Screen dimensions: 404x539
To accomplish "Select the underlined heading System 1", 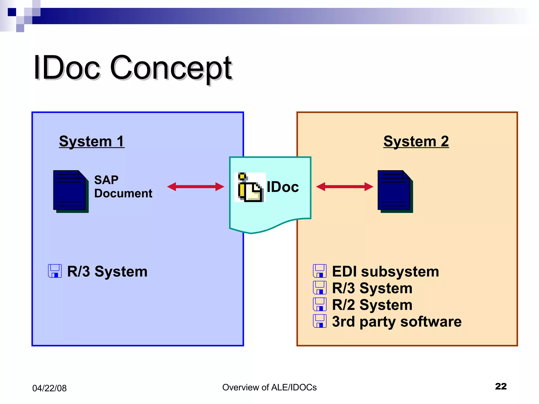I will [x=92, y=141].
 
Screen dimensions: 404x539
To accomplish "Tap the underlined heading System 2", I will [x=416, y=141].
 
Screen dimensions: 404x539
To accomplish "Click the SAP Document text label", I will [x=123, y=186].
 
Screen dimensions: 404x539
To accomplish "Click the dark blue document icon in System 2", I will [x=395, y=191].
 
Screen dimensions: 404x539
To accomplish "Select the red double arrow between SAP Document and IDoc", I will [x=196, y=187].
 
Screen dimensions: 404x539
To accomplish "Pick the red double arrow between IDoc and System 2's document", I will [x=345, y=187].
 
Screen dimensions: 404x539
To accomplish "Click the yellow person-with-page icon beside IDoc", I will [x=250, y=187].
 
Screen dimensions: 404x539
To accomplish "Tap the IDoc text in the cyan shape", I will [x=283, y=187].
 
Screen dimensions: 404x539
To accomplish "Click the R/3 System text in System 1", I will [x=107, y=271].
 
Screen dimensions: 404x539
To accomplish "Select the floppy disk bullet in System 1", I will [x=55, y=271].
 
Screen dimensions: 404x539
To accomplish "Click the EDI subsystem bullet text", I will [x=385, y=271].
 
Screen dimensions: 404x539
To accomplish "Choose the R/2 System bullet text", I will [x=372, y=305].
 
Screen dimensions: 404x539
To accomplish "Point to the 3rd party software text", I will [x=397, y=321].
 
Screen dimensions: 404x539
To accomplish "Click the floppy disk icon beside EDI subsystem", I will [x=320, y=271].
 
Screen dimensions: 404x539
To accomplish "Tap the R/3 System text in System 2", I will [x=372, y=288].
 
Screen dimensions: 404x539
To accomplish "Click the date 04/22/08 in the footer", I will [x=49, y=388].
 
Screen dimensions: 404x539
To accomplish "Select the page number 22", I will [x=501, y=386].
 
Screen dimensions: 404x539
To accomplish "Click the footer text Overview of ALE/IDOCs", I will [x=269, y=387].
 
